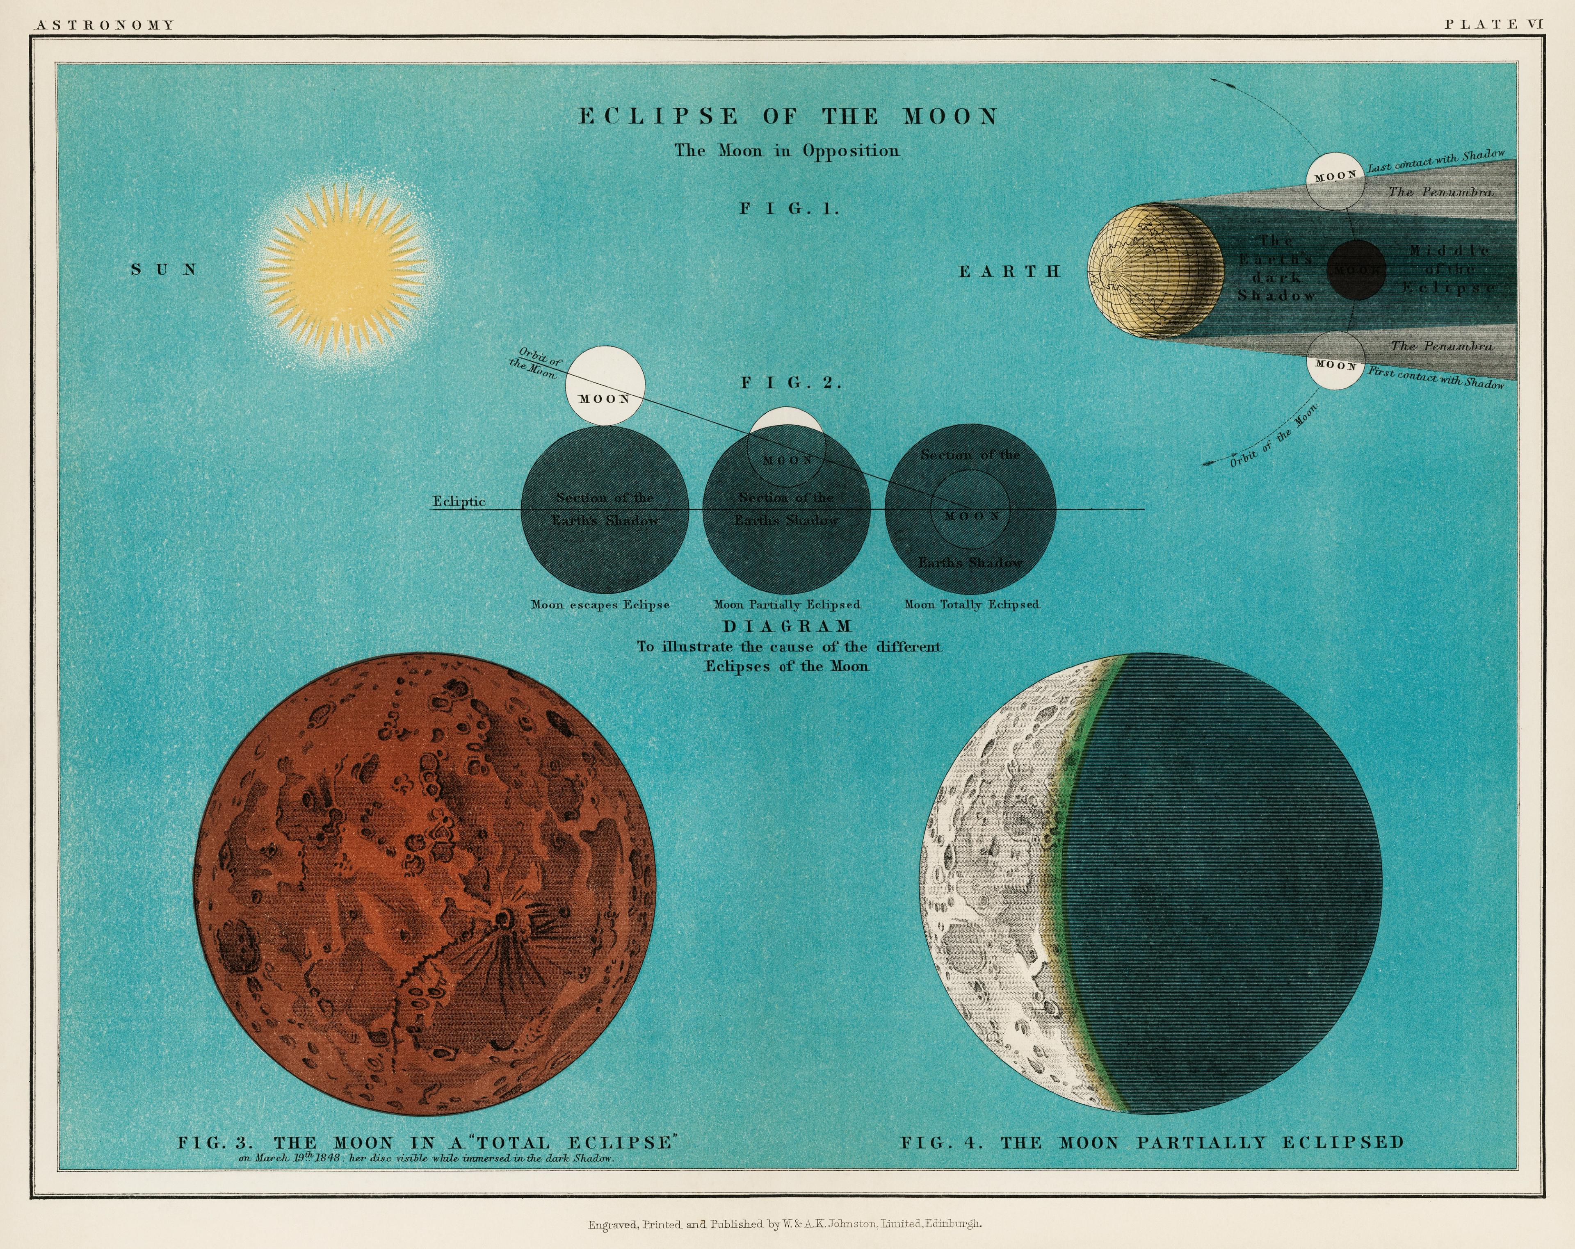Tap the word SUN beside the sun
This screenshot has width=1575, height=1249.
(x=164, y=269)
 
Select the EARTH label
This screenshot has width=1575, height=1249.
(x=1009, y=272)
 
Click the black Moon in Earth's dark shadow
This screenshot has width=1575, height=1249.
(x=1356, y=269)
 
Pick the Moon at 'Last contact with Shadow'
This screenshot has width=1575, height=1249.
(x=1335, y=180)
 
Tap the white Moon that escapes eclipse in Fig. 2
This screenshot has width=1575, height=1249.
(x=605, y=386)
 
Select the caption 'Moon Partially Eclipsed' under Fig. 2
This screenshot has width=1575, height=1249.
(x=787, y=605)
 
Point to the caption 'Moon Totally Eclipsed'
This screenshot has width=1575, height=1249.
(x=972, y=605)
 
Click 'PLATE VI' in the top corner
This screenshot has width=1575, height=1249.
(x=1494, y=24)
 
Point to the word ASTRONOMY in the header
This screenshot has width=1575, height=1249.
(x=105, y=25)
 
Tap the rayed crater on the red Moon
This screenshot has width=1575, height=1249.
(x=502, y=918)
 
